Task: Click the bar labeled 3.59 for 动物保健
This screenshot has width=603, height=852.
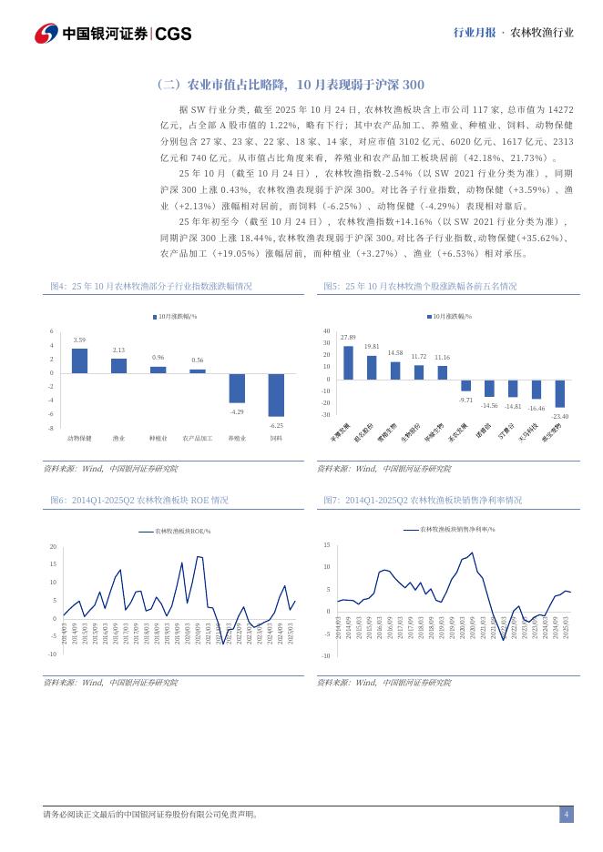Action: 79,360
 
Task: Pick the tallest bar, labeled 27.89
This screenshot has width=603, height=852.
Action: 348,362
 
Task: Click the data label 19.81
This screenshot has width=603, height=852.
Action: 372,347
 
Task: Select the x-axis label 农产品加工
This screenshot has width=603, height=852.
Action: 198,438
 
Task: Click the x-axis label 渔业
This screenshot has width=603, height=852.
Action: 118,438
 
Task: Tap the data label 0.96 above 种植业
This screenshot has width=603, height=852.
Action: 158,358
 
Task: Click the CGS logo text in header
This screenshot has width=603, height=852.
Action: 173,34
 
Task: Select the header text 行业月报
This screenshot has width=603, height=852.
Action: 474,33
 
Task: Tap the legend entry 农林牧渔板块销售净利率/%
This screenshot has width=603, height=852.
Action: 455,528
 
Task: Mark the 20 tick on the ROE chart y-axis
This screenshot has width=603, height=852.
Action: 53,547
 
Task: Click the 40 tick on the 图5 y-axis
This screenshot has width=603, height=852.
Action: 326,331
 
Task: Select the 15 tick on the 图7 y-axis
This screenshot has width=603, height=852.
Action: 326,544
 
